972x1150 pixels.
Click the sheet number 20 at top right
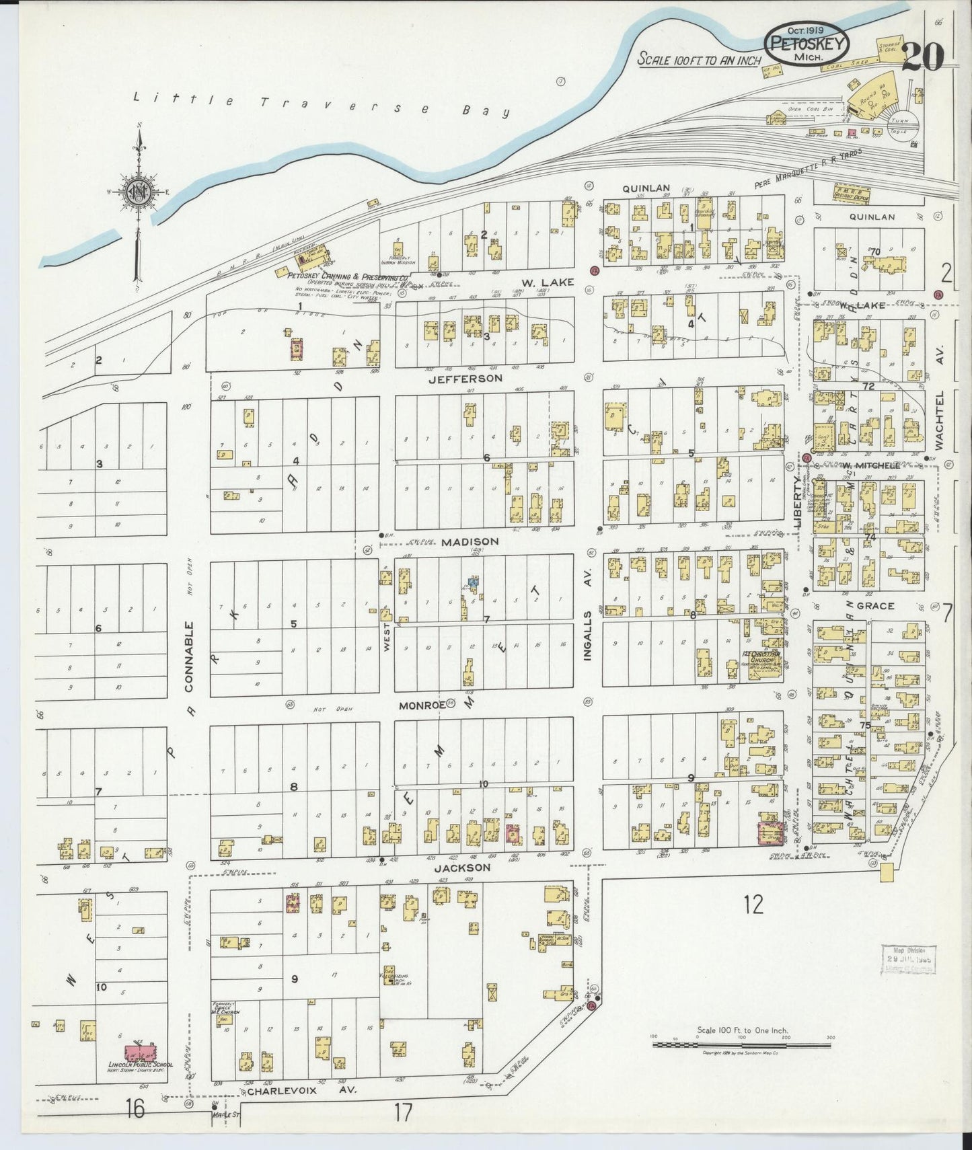click(922, 56)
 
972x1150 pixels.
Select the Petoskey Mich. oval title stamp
click(806, 44)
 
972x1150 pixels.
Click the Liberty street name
click(799, 504)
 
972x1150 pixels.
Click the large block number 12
click(753, 905)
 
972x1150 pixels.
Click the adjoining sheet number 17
click(403, 1112)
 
